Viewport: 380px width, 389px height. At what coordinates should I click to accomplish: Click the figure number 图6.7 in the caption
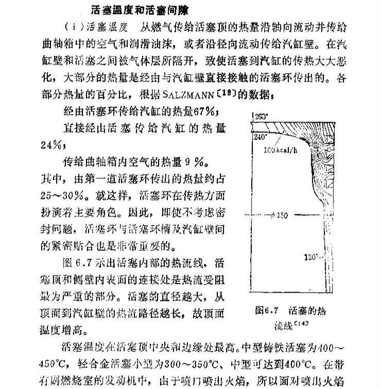[x=267, y=311]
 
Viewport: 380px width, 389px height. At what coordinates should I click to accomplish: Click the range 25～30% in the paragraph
[x=58, y=195]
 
